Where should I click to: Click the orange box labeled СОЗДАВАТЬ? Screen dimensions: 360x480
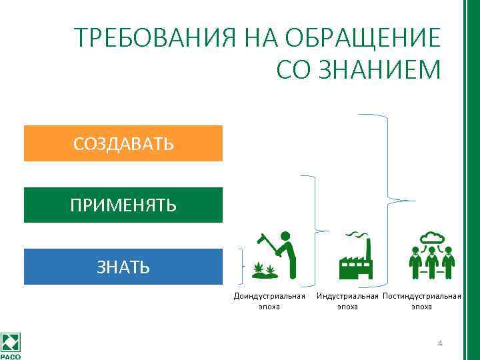[123, 143]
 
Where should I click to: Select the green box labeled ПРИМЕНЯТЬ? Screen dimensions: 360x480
[123, 205]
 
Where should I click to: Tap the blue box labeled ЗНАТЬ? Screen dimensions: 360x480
[123, 267]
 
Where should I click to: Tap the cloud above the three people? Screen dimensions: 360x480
[431, 237]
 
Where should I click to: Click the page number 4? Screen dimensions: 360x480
[439, 343]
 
